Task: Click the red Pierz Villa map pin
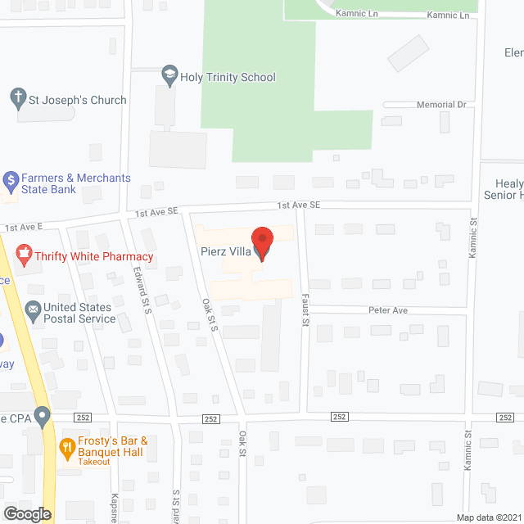[x=262, y=245]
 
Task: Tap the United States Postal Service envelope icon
[x=33, y=309]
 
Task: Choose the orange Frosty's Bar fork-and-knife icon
[x=68, y=447]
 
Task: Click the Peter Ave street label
[x=388, y=310]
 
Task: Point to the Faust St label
[x=304, y=310]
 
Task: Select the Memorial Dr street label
[x=441, y=105]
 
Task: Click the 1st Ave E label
[x=23, y=227]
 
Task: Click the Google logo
[x=26, y=513]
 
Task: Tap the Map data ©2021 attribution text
[x=488, y=517]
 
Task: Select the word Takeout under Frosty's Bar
[x=94, y=462]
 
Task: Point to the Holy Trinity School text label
[x=229, y=77]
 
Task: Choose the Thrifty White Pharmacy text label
[x=94, y=256]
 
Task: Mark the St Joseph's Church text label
[x=78, y=100]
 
